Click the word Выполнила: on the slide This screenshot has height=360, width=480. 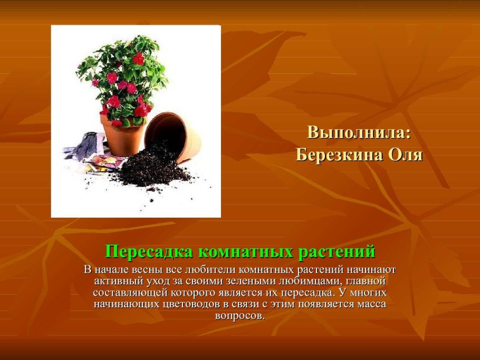(x=359, y=133)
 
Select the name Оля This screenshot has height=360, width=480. (x=406, y=155)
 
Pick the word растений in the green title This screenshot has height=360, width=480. (x=337, y=252)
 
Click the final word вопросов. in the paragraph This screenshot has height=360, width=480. (x=239, y=316)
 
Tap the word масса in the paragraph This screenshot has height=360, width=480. (x=370, y=304)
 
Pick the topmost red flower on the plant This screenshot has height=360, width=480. (x=139, y=59)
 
